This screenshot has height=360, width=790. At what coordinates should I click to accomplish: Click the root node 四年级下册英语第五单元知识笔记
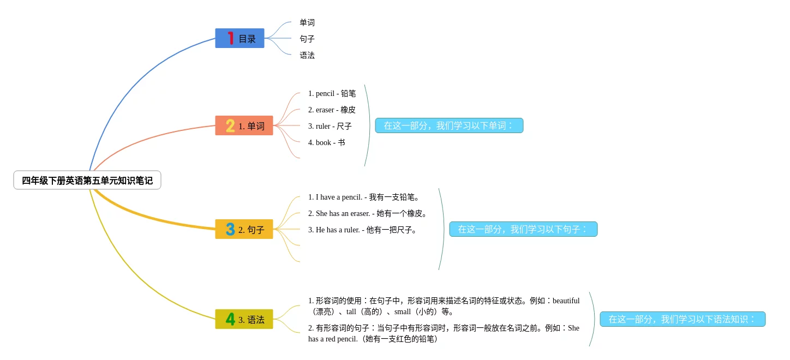tap(87, 181)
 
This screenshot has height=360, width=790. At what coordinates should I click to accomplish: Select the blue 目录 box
tap(240, 39)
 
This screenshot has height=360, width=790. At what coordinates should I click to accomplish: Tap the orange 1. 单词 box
tap(244, 126)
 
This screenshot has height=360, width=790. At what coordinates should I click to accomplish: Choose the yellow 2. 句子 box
tap(244, 230)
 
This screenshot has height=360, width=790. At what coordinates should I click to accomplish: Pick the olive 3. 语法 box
tap(244, 320)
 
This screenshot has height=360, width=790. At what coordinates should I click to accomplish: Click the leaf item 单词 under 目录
tap(307, 22)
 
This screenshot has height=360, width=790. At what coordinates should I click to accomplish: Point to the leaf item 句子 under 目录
tap(307, 39)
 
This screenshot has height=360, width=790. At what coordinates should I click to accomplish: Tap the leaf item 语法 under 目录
tap(307, 55)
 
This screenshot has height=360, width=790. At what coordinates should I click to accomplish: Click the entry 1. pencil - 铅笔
tap(332, 93)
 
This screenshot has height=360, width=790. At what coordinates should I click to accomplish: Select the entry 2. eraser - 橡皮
tap(332, 110)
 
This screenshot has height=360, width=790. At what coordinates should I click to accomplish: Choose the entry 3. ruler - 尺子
tap(330, 126)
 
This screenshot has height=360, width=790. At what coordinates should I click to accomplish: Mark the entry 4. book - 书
tap(326, 142)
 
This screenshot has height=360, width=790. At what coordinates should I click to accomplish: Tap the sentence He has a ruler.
tap(362, 230)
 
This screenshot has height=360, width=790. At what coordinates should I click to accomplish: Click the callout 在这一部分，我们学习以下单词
tap(449, 125)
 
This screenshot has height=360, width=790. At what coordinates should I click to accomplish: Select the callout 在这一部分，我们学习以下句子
tap(523, 229)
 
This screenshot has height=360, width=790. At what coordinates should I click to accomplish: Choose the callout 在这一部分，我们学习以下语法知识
tap(683, 319)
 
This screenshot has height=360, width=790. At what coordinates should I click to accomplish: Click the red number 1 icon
tap(231, 38)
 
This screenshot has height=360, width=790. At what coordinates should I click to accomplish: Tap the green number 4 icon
tap(230, 319)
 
